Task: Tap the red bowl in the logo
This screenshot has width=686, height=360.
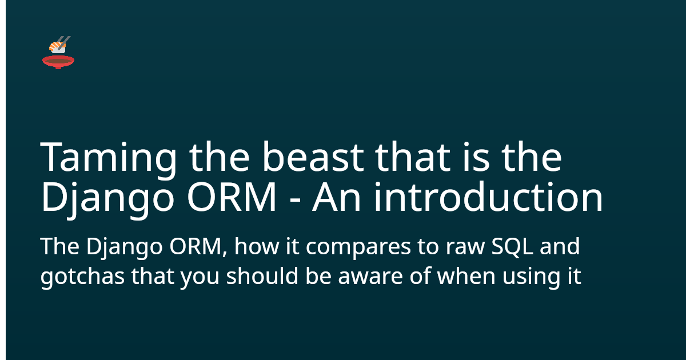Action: click(x=58, y=61)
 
